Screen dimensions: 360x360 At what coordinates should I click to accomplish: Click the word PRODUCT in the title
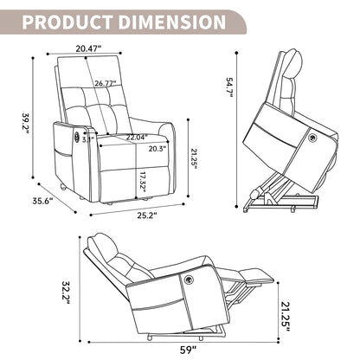(x=67, y=22)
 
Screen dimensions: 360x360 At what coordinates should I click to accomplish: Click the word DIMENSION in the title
(x=172, y=22)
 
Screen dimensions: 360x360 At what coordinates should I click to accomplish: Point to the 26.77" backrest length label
(x=106, y=83)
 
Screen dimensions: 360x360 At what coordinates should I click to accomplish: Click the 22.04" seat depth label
(x=137, y=138)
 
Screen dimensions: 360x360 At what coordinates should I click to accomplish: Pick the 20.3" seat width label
(x=157, y=149)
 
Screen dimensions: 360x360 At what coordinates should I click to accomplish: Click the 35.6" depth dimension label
(x=42, y=201)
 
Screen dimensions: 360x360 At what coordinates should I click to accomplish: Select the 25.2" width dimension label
(x=147, y=215)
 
